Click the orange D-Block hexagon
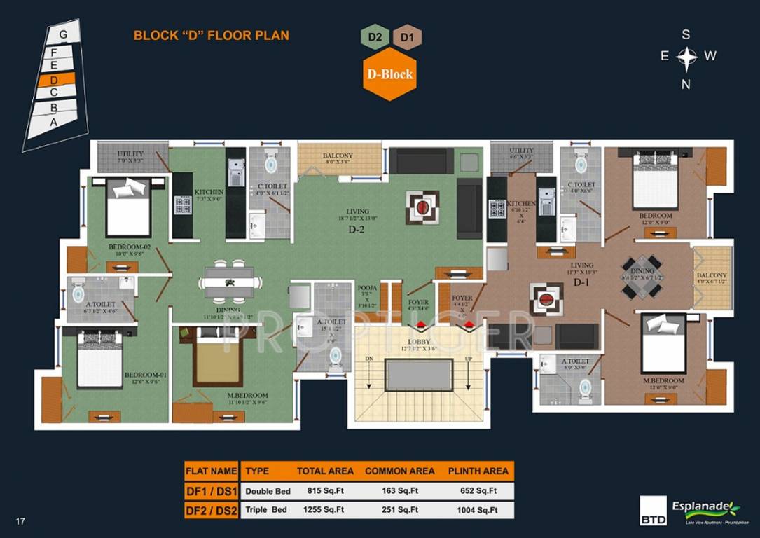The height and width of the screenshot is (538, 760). click(x=389, y=74)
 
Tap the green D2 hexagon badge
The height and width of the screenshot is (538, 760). click(x=374, y=37)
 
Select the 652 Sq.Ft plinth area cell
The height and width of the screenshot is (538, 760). click(x=472, y=490)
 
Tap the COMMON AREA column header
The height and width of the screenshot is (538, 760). click(x=399, y=471)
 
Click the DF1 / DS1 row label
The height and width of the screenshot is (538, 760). click(x=212, y=490)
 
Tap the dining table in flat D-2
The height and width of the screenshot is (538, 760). click(x=229, y=282)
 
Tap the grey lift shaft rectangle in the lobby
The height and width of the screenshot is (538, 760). click(x=419, y=375)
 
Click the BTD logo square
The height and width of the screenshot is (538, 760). click(x=653, y=511)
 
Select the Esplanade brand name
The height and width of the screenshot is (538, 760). click(x=704, y=506)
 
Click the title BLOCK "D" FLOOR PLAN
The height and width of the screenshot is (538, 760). click(x=211, y=35)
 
